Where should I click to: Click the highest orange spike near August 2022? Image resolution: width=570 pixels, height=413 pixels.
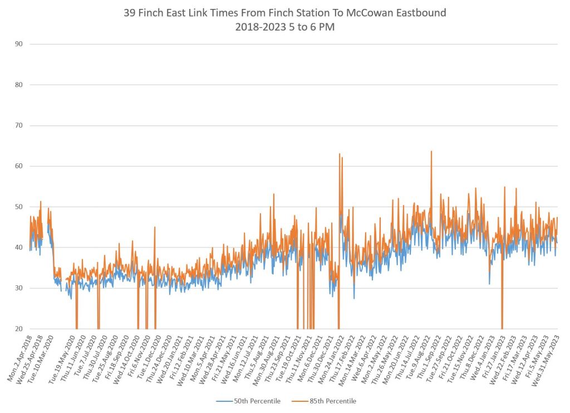click(x=431, y=151)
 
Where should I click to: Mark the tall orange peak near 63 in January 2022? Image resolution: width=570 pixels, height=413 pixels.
click(x=340, y=154)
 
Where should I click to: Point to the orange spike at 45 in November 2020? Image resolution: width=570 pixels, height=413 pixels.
click(x=155, y=227)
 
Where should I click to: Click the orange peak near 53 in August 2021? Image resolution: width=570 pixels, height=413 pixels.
click(x=274, y=194)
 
